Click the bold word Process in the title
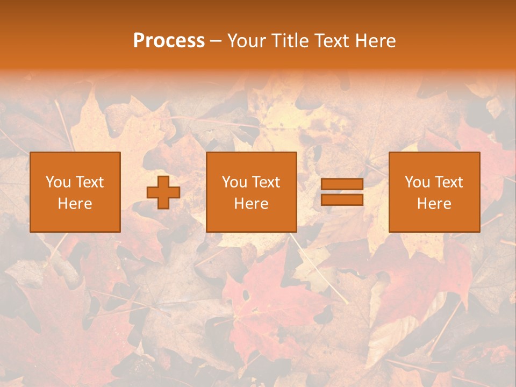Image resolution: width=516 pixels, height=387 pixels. click(x=169, y=41)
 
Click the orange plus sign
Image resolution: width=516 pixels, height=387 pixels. click(x=163, y=192)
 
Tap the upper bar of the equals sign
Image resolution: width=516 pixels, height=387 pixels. click(x=342, y=184)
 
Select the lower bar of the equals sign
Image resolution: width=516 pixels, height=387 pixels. click(x=342, y=200)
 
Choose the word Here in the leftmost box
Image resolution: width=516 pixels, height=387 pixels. click(x=75, y=204)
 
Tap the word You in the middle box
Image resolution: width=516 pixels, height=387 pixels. click(x=234, y=182)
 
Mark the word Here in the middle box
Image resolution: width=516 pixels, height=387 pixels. click(x=251, y=204)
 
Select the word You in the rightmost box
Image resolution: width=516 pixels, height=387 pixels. click(x=417, y=182)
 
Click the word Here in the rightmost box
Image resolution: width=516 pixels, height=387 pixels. click(x=434, y=204)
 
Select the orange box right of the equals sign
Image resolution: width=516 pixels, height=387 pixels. click(x=434, y=220)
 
